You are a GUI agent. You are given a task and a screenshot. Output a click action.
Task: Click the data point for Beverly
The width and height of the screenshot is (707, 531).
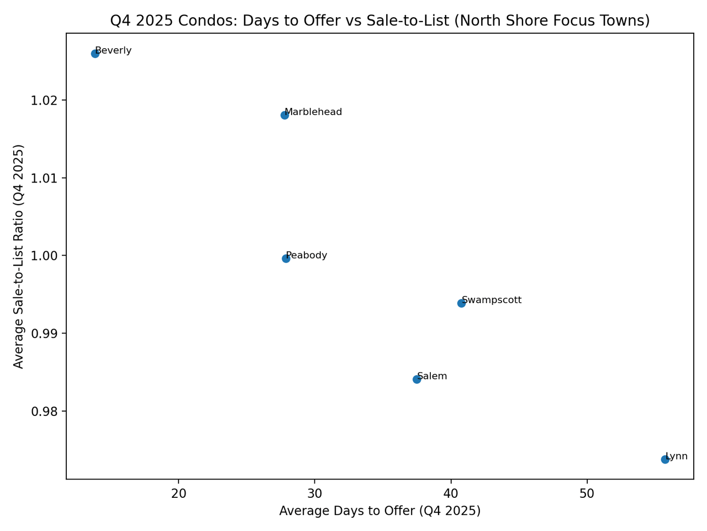coord(95,54)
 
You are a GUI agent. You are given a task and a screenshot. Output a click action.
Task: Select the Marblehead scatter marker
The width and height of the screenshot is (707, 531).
coord(284,115)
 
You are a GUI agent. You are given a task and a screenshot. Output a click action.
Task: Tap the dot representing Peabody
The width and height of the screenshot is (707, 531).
coord(286,258)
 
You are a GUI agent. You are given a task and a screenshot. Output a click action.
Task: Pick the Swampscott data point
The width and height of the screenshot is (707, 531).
coord(461,303)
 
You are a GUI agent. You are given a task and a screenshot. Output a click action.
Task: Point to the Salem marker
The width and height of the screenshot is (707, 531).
coord(416,379)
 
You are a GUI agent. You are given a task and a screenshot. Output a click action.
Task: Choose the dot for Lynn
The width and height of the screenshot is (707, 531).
coord(665,459)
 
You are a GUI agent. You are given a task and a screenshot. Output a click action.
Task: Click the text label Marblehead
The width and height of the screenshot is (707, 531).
coord(314,112)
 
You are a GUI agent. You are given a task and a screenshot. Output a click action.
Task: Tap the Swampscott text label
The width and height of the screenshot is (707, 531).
coord(492,300)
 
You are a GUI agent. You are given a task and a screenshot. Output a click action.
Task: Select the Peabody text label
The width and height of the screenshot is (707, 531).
coord(307,256)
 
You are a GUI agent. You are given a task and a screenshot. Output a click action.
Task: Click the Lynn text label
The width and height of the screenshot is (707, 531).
coord(677,456)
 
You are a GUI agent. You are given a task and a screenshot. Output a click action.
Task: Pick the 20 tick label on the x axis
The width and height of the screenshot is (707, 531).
coord(178,493)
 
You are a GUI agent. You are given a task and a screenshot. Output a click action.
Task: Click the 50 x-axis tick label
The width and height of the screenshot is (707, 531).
coord(587,493)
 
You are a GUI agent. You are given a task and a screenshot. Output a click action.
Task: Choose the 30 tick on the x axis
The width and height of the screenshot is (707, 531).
coord(315,493)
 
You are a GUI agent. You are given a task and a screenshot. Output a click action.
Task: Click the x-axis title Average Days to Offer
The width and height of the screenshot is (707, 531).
coord(380,511)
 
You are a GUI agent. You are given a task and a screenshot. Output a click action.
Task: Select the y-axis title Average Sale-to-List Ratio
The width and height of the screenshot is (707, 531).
coord(19,256)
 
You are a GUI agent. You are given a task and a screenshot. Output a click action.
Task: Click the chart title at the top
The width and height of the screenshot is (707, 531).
coord(380,20)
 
